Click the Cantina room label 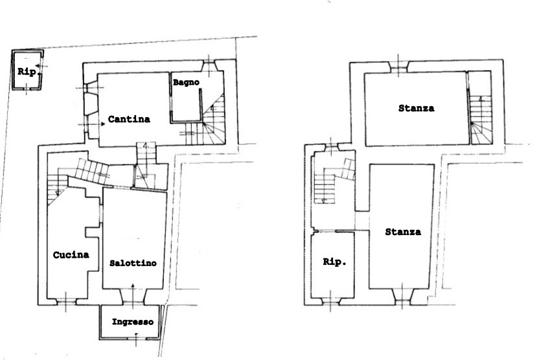(x=129, y=119)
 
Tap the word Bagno (x=186, y=82)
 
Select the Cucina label (x=71, y=255)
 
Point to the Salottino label (x=133, y=263)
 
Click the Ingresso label (x=132, y=322)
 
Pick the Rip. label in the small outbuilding (x=27, y=72)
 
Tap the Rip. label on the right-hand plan (x=334, y=262)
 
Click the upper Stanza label (x=416, y=108)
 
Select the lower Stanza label (x=403, y=232)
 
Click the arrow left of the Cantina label (x=92, y=124)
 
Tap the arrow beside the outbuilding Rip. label (x=41, y=65)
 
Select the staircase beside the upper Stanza (x=480, y=120)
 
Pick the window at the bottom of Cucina (x=66, y=302)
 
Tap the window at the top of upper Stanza (x=399, y=67)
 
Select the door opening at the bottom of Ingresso (x=136, y=337)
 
